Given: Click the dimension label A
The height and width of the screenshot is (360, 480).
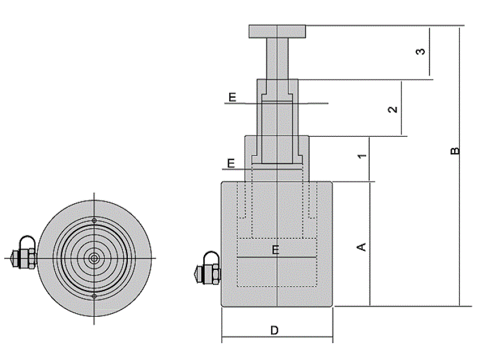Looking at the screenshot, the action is tap(362, 247).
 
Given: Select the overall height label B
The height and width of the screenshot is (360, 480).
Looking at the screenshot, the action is tap(455, 151).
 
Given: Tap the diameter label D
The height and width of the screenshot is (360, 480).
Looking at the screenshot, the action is tap(275, 331).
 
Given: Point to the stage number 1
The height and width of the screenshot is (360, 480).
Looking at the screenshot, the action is tap(362, 156).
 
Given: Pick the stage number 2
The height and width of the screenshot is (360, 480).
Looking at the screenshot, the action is tap(393, 109).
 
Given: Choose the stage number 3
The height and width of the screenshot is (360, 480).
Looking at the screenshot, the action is tap(421, 51).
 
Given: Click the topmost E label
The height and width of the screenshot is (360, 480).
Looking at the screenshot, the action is tap(233, 97).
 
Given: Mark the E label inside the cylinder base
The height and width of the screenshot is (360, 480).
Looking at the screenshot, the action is tap(275, 250).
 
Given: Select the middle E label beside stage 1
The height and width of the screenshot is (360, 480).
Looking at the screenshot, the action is tap(231, 163).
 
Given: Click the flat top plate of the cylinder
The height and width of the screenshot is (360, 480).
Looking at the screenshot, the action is tap(277, 32).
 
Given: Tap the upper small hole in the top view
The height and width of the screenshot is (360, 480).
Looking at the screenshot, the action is tap(94, 220).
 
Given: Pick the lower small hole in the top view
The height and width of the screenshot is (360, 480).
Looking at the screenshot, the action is tap(94, 296).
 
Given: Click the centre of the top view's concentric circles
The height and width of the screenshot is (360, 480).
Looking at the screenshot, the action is tap(94, 259).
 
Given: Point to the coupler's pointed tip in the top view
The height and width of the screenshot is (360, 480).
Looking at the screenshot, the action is tap(11, 259).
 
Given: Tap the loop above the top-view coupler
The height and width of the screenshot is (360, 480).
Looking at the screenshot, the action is tap(28, 237).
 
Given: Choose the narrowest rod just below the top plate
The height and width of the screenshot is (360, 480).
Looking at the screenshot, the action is tap(277, 59).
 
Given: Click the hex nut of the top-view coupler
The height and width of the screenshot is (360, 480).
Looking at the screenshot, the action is tap(32, 259).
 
